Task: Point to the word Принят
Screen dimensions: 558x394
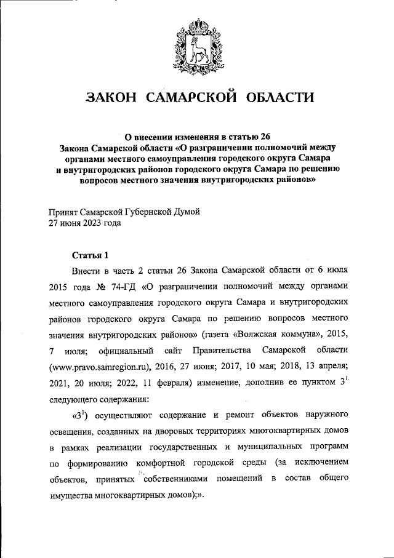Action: [x=64, y=212]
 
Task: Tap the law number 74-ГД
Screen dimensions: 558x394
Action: [x=123, y=286]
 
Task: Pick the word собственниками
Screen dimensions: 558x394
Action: [x=185, y=478]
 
